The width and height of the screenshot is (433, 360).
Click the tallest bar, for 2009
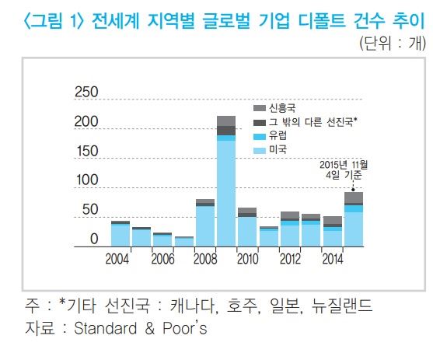pyautogui.click(x=226, y=182)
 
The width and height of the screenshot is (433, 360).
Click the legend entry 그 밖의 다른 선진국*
pyautogui.click(x=311, y=122)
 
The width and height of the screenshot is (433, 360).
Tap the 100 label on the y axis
pyautogui.click(x=86, y=181)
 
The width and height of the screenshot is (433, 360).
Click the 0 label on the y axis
pyautogui.click(x=93, y=239)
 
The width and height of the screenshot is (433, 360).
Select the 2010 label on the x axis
pyautogui.click(x=247, y=258)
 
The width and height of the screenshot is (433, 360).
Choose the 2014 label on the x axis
pyautogui.click(x=333, y=258)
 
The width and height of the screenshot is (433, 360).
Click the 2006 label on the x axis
pyautogui.click(x=162, y=258)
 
